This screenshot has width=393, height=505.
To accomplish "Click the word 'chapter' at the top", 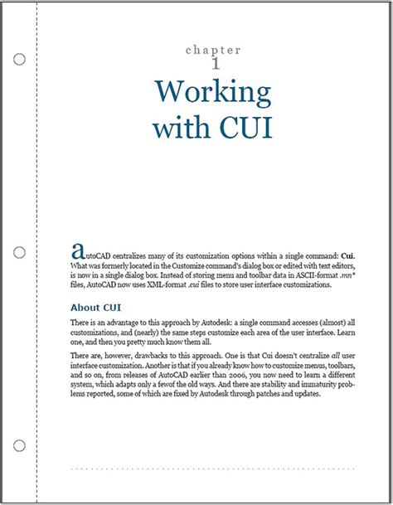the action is coord(212,51).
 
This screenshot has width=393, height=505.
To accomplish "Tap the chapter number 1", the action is coord(216,63).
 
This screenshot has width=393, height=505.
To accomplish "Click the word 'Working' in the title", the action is coord(213,92).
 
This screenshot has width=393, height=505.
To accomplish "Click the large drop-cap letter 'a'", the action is coord(79,249).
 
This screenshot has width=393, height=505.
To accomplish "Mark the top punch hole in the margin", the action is coord(20,61).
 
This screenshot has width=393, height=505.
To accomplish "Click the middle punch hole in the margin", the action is coord(20,251).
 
